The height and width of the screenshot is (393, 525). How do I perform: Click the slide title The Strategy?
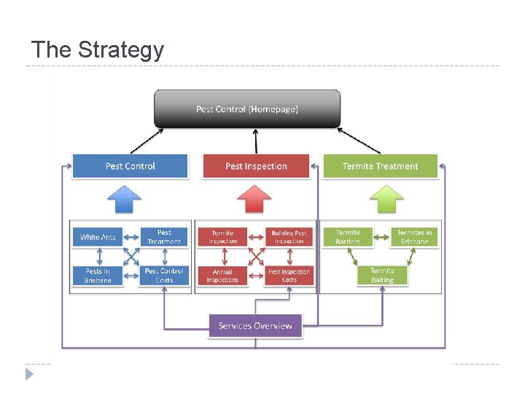tap(98, 50)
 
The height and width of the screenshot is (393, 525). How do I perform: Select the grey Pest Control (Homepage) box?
tap(247, 109)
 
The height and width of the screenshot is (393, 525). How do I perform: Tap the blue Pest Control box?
tap(130, 166)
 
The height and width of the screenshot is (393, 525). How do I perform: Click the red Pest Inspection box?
tap(256, 166)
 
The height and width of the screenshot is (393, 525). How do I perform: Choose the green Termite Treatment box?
tap(381, 166)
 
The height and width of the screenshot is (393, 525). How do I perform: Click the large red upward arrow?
tap(255, 198)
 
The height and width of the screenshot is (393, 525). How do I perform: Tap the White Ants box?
tap(98, 237)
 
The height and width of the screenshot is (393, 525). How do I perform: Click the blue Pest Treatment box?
tap(164, 237)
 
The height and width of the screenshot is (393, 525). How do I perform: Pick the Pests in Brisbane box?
tap(98, 275)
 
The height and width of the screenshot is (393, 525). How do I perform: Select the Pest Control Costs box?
tap(164, 275)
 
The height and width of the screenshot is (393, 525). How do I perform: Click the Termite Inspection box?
tap(222, 237)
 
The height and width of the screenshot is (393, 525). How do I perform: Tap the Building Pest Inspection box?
tap(289, 237)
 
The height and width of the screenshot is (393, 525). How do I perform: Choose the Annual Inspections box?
tap(222, 275)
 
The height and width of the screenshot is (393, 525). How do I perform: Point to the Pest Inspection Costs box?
tap(289, 275)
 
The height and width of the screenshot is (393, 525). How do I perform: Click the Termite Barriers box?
tap(348, 237)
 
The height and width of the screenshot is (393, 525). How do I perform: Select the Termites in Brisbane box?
tap(414, 237)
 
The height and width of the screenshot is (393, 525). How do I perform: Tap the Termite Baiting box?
tap(381, 275)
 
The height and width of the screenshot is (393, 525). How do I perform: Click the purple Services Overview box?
tap(255, 325)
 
